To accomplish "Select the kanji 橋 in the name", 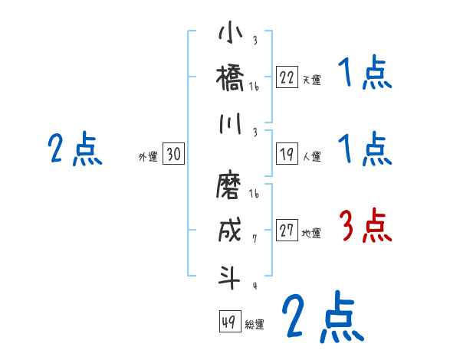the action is [x=230, y=77].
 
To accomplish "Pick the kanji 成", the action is [x=230, y=231].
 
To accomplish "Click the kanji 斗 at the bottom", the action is [x=230, y=277].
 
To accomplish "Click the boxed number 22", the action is [x=287, y=78].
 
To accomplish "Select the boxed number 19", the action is [x=287, y=155].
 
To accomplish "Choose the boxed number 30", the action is [x=173, y=155].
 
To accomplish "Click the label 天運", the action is [x=311, y=80].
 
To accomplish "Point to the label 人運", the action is [x=311, y=156].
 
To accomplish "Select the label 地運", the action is [x=311, y=234].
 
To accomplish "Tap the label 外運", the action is [x=148, y=156].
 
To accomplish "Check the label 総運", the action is [x=254, y=323].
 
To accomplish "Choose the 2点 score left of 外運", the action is [x=74, y=150].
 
